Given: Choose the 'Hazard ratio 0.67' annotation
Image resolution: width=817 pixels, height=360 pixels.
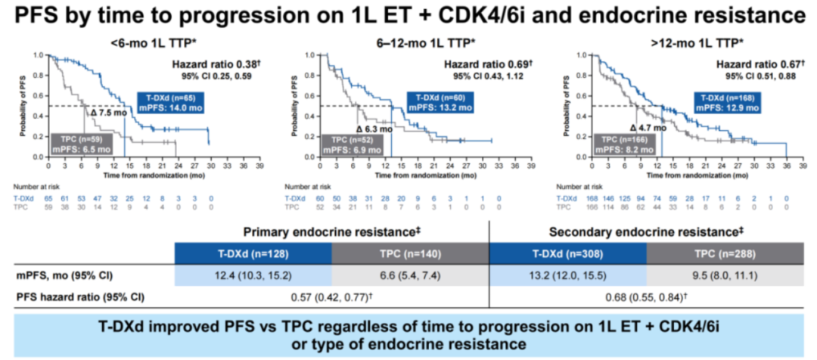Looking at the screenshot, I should point(748,65).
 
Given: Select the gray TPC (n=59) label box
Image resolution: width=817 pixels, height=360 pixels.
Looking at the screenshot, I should point(82,144).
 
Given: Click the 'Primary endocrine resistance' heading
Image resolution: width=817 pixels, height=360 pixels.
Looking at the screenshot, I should point(331,231).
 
